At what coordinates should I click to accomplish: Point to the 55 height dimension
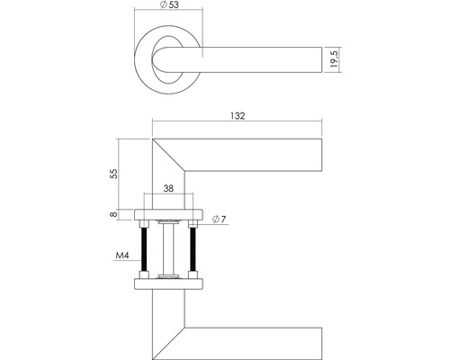112,173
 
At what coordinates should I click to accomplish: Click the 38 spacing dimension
169,189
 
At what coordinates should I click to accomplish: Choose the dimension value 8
112,213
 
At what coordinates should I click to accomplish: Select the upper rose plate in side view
169,212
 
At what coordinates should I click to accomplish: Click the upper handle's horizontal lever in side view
261,154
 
